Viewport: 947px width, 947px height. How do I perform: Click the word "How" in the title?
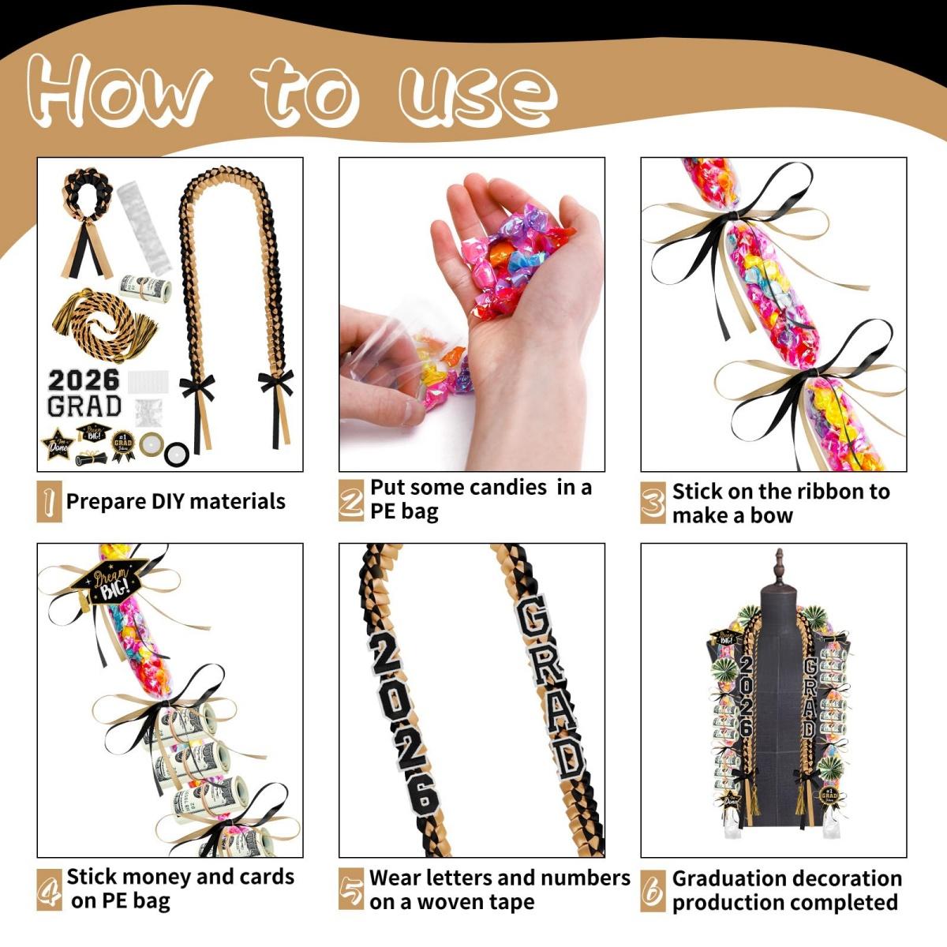point(118,91)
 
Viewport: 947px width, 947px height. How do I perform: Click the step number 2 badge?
point(350,500)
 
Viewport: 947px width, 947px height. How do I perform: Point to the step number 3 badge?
point(653,503)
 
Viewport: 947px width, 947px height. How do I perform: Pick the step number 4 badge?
point(49,889)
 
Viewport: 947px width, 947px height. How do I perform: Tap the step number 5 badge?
point(351,890)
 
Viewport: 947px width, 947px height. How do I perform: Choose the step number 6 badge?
point(653,890)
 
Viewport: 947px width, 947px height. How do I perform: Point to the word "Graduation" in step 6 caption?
point(731,878)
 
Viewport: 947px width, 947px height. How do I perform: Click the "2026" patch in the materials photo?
point(83,380)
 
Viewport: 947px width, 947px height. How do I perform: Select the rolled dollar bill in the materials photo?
point(146,289)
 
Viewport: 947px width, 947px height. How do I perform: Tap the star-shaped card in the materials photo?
point(58,444)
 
